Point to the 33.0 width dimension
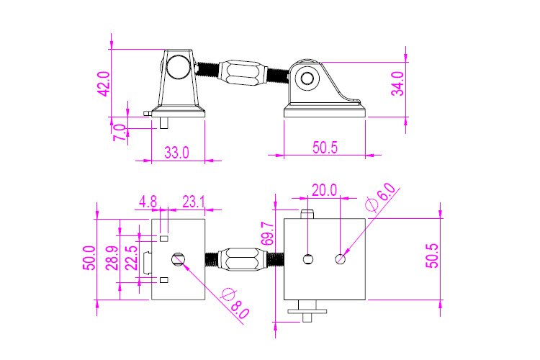[x=176, y=153]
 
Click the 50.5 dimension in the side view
[x=325, y=147]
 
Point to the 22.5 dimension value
[x=130, y=258]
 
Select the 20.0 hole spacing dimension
[x=324, y=190]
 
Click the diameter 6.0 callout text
[x=382, y=197]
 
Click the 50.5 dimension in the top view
[x=431, y=255]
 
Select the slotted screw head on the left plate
[x=179, y=258]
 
